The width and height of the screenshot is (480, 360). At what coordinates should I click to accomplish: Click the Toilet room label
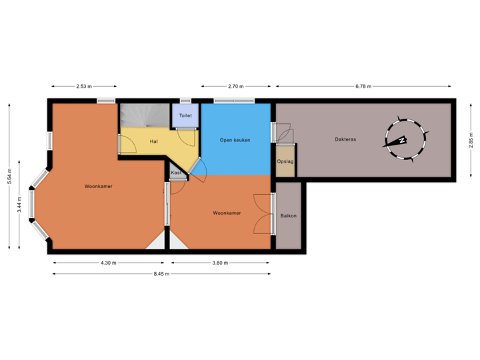[185, 115]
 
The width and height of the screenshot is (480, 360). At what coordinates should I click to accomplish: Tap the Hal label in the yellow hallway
[153, 141]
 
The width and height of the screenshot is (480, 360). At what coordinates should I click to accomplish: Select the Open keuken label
[235, 140]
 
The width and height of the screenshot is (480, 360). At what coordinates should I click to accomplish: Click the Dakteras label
[345, 139]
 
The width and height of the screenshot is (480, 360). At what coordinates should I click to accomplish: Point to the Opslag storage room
[285, 162]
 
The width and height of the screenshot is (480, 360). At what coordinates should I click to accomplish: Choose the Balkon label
[289, 215]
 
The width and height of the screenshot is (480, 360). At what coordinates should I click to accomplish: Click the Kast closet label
[176, 173]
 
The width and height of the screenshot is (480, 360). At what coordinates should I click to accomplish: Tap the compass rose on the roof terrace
[403, 140]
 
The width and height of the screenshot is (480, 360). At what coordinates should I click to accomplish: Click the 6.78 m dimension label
[363, 86]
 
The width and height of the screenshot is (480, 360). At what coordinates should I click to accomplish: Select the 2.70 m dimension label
[236, 86]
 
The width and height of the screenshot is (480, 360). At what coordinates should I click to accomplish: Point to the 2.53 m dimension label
[84, 86]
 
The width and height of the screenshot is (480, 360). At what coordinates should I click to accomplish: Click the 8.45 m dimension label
[162, 273]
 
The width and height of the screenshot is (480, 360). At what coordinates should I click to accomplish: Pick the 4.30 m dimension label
[108, 263]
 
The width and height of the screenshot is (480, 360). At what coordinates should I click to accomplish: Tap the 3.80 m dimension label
[220, 263]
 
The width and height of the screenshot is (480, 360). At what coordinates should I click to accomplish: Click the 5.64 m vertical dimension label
[9, 175]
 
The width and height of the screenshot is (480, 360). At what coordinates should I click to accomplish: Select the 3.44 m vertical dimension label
[20, 204]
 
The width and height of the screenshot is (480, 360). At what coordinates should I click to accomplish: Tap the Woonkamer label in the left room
[98, 186]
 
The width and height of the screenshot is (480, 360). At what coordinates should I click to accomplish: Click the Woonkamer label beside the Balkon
[227, 213]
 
